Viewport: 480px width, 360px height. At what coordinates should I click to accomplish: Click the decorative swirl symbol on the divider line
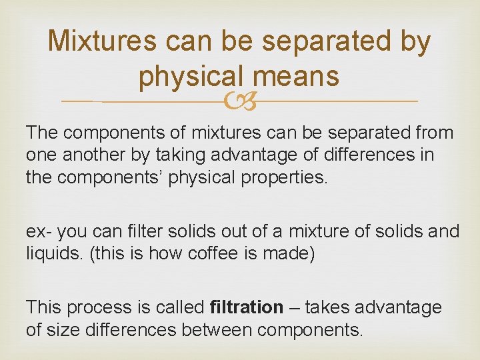click(x=240, y=101)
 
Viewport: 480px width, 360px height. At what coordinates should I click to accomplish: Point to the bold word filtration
click(x=246, y=308)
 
